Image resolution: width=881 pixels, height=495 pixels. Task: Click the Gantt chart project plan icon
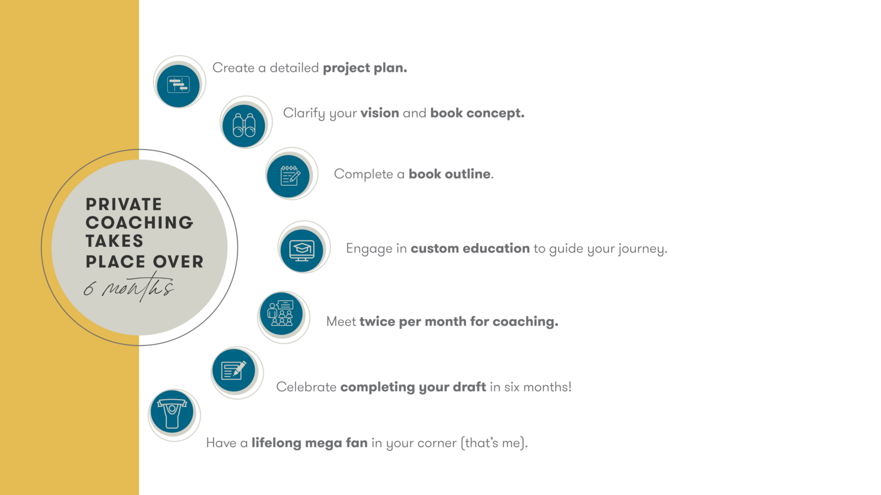click(178, 85)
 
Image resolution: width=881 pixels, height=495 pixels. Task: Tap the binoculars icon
click(244, 125)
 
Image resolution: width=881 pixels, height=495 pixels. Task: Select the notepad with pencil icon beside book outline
click(290, 175)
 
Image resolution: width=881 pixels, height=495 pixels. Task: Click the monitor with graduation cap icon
click(302, 250)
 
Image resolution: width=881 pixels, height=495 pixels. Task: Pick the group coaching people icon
click(280, 313)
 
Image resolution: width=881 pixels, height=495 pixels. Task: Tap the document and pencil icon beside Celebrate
click(234, 370)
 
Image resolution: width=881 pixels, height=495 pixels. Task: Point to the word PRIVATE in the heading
click(124, 204)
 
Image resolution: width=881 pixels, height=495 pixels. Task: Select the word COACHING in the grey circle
click(140, 223)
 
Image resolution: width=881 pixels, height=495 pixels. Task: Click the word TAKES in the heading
click(115, 241)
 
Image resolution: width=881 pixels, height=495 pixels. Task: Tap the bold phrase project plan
click(365, 68)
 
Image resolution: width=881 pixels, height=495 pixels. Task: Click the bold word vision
click(379, 113)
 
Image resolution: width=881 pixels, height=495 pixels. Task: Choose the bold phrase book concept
click(477, 113)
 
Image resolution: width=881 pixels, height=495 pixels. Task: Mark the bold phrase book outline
click(449, 174)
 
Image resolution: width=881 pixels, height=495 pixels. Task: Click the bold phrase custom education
click(470, 249)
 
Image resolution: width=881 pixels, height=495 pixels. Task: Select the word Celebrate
click(306, 387)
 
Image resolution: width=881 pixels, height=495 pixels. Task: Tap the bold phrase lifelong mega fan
click(309, 443)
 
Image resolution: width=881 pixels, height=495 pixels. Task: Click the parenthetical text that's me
click(494, 443)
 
